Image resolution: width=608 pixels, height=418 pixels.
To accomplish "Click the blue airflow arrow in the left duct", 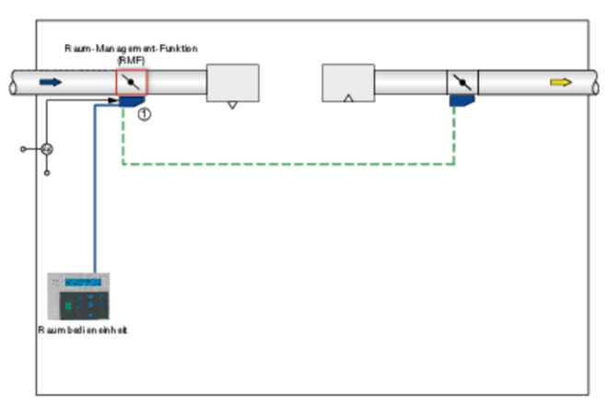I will tap(51, 82).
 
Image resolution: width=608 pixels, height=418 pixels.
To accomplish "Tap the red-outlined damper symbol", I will tap(132, 82).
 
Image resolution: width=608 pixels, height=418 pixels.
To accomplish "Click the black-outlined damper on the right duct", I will tap(462, 82).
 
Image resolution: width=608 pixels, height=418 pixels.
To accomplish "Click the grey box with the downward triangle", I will tap(232, 83).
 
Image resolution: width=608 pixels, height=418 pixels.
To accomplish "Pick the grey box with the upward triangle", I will tap(348, 83).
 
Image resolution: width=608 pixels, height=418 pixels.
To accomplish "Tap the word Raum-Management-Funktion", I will tap(131, 48).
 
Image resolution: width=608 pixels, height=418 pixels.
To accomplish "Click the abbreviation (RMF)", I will tap(131, 59).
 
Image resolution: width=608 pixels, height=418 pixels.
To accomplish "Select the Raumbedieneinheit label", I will tap(82, 330).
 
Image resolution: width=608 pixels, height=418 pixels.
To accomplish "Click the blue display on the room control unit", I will tap(84, 283).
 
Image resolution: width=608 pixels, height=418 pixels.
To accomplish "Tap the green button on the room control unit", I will tap(66, 306).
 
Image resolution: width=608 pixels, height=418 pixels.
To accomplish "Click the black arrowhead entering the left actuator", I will tap(115, 101).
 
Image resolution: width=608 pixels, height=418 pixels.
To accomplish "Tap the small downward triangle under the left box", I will tap(232, 105).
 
